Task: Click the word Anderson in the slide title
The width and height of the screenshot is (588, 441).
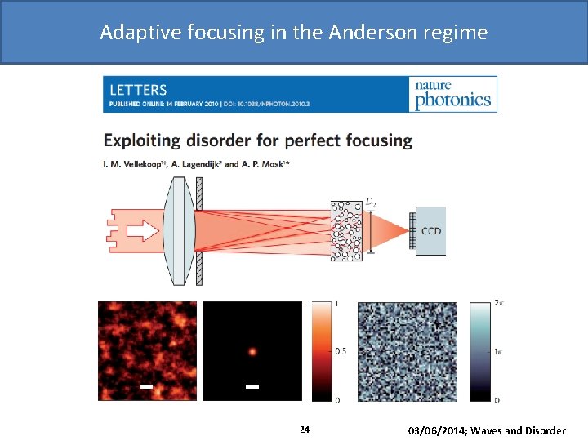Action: point(368,33)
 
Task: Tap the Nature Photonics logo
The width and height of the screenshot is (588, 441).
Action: point(453,95)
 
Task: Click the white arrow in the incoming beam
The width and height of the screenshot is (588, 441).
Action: point(143,231)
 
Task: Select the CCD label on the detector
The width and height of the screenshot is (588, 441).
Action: point(430,231)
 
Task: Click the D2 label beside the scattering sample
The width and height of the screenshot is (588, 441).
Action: point(371,202)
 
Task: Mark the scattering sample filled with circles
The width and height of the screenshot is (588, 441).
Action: point(346,231)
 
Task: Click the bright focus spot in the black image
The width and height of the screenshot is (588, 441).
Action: point(252,352)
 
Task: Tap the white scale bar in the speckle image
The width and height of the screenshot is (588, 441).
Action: point(146,385)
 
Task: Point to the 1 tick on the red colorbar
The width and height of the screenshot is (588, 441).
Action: point(338,304)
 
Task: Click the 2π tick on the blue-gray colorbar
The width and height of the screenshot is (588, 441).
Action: point(500,304)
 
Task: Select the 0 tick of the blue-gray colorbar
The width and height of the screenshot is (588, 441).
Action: point(497,399)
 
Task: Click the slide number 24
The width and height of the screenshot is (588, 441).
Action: point(304,430)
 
